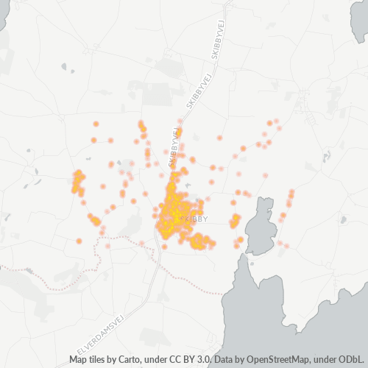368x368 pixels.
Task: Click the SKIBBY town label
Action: pos(197,219)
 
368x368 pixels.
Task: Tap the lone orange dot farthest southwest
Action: pos(79,241)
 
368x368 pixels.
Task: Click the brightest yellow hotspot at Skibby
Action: pos(175,213)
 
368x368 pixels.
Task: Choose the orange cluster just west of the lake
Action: pos(235,220)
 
